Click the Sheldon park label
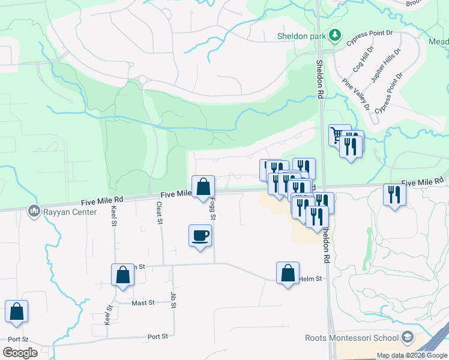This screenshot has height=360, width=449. (301, 36)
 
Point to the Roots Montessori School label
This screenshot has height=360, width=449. (352, 338)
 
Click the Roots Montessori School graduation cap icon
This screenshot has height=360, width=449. (408, 337)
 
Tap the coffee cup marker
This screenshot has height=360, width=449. (200, 235)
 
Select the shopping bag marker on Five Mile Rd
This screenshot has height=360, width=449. (203, 187)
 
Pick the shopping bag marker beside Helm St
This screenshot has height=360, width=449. (288, 273)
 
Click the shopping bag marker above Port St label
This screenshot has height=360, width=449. (16, 311)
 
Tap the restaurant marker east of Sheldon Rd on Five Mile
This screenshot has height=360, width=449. (394, 194)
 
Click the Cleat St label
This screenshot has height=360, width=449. (160, 213)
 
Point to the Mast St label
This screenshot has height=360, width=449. (143, 303)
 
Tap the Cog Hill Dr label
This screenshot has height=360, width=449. (363, 60)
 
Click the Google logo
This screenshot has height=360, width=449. (20, 353)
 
